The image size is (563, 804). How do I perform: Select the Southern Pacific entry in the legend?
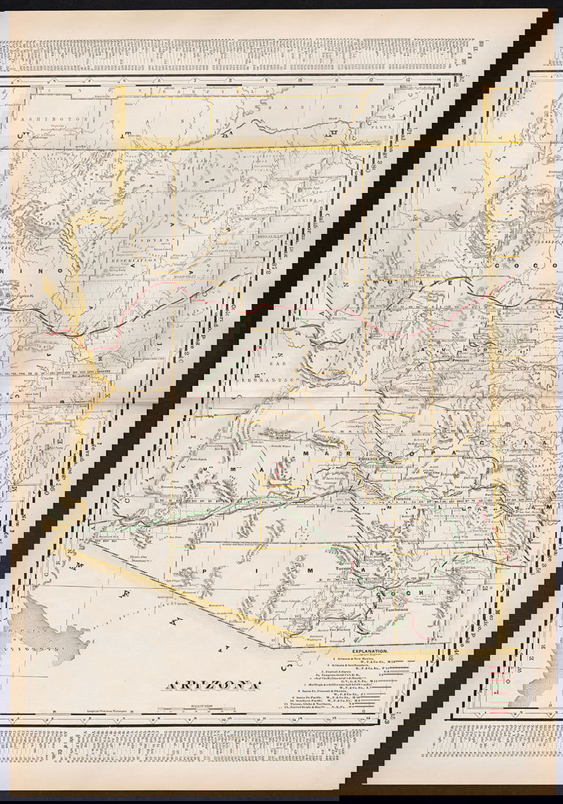click(338, 699)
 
